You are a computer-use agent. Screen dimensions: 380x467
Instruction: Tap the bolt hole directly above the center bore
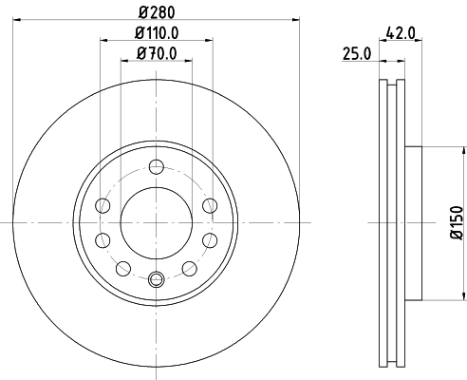pyautogui.click(x=157, y=167)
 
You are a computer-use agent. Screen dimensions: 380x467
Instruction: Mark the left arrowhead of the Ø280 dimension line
pyautogui.click(x=20, y=19)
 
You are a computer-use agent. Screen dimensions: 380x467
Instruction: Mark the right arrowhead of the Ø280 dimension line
pyautogui.click(x=294, y=19)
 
